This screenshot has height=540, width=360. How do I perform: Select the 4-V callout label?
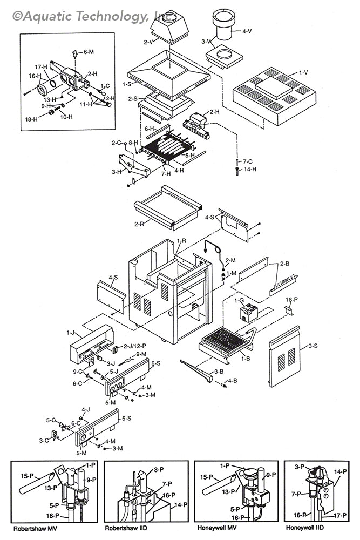point(246,32)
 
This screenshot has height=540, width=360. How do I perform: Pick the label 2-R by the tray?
point(139,222)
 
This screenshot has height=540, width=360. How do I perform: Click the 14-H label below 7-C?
point(250,169)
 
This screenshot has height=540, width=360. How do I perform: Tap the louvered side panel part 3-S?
point(287,357)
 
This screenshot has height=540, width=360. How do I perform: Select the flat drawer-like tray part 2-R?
point(167,208)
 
